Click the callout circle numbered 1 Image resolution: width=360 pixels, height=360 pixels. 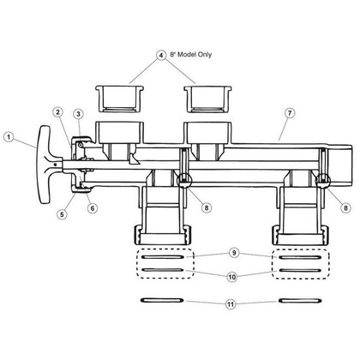pos(9,137)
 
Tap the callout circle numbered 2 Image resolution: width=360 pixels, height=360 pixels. pos(58,112)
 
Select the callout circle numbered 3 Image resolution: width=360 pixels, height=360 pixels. pos(78,114)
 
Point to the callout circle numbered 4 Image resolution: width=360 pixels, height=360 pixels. pos(161,55)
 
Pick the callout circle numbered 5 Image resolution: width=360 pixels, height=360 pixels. pos(62,213)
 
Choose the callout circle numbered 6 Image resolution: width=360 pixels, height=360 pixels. pos(93,208)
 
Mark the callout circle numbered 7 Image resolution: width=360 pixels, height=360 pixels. pos(290,113)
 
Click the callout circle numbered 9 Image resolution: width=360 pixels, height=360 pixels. pos(234,253)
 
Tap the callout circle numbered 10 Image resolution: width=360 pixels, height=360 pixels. pos(232,277)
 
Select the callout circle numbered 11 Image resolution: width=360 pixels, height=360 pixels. pos(231,304)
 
